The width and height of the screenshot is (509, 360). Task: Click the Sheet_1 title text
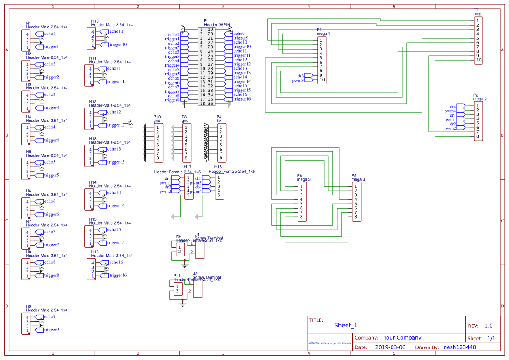[x=345, y=325]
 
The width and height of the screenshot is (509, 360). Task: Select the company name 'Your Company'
[x=402, y=338]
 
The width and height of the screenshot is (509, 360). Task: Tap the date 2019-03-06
[x=390, y=347]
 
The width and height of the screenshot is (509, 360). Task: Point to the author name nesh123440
[x=459, y=347]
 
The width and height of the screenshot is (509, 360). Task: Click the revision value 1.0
[x=488, y=326]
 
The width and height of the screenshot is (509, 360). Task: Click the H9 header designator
[x=28, y=306]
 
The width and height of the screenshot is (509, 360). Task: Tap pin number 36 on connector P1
[x=211, y=104]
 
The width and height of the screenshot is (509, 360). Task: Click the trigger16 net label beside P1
[x=242, y=99]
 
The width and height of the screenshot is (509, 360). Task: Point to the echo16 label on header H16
[x=116, y=262]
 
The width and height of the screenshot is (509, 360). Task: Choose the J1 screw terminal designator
[x=197, y=235]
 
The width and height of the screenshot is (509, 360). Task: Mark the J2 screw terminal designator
[x=195, y=274]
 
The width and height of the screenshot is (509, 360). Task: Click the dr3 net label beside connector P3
[x=301, y=76]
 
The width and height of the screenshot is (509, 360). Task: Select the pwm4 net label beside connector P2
[x=450, y=111]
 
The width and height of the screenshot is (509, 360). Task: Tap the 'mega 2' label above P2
[x=480, y=99]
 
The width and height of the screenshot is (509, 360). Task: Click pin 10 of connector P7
[x=479, y=60]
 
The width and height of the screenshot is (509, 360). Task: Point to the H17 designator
[x=188, y=167]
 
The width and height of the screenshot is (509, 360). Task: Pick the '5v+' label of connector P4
[x=219, y=121]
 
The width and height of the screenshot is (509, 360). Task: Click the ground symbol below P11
[x=183, y=304]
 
